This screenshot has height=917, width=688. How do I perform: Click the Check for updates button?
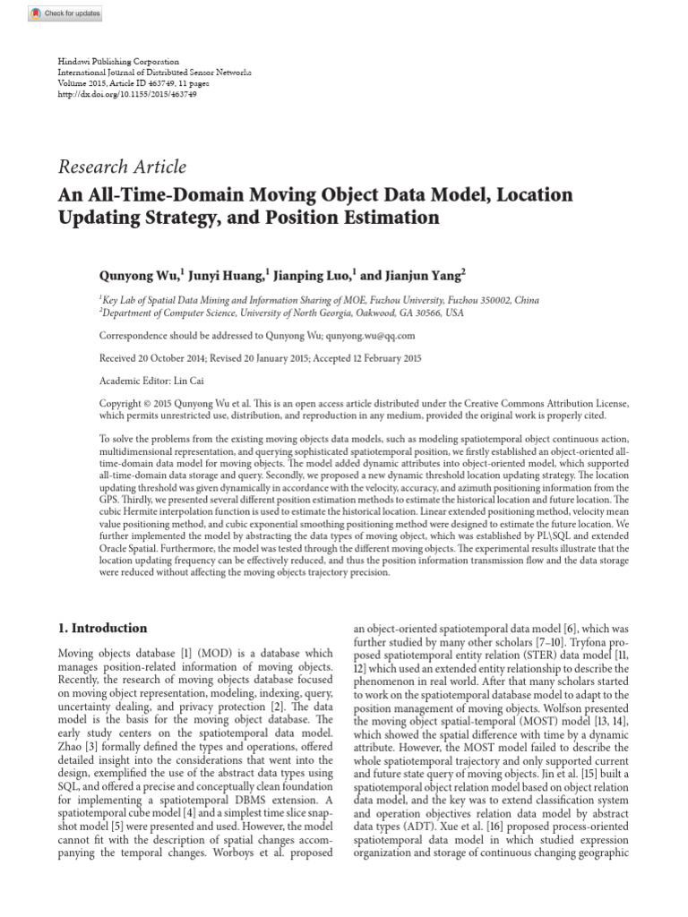[64, 14]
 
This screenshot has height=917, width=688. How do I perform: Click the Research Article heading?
[122, 167]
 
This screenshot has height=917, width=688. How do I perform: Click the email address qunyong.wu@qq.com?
[346, 336]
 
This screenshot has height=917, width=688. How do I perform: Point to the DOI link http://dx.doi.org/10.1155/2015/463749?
[127, 93]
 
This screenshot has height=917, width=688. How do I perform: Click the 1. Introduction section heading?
[103, 628]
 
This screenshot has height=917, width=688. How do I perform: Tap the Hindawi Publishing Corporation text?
[118, 61]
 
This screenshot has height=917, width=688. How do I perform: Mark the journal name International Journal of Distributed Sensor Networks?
[155, 72]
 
